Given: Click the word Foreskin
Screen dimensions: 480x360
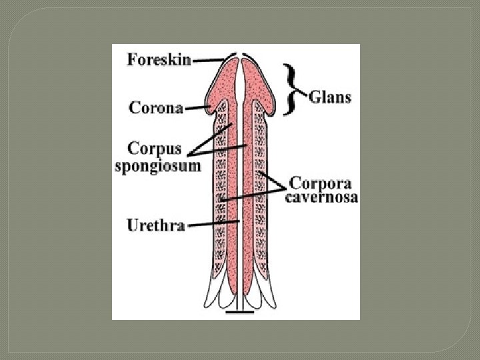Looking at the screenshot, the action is tap(159, 59).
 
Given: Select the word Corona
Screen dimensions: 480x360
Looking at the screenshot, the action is tap(156, 107).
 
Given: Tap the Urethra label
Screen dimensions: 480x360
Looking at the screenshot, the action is tap(156, 225).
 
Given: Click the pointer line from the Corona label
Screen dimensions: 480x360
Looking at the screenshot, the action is tap(197, 107).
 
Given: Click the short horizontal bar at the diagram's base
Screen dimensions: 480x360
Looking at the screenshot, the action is tap(239, 311).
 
